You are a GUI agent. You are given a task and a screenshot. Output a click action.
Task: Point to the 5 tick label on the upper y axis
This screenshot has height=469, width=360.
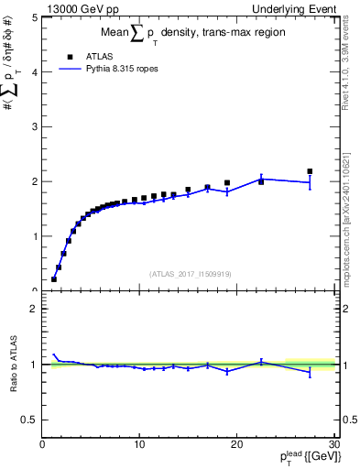(34, 16)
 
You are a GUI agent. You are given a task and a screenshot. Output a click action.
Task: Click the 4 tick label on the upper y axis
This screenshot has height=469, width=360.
(34, 71)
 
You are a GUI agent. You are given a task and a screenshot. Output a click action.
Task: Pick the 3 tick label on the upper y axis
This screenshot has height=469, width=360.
(34, 126)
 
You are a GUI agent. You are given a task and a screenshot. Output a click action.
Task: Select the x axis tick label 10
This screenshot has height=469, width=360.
(138, 444)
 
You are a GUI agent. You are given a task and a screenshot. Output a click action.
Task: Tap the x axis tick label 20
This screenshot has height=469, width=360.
(236, 444)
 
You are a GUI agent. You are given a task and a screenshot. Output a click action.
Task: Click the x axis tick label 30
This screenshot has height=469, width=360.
(333, 444)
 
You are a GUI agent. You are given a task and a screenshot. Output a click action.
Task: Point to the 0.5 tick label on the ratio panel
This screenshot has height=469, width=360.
(29, 420)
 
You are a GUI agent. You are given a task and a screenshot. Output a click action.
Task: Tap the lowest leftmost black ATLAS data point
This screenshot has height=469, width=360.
(54, 278)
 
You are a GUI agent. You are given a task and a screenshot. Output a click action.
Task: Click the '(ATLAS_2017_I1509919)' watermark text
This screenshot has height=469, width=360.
(189, 273)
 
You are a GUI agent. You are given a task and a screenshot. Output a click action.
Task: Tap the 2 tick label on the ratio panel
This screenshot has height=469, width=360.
(34, 309)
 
